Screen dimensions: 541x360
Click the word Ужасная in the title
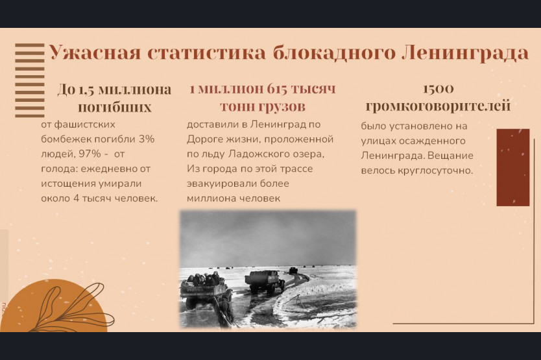click(95, 53)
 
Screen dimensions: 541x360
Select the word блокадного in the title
click(334, 53)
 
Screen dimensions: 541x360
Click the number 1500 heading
click(438, 89)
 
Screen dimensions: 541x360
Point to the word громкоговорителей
click(438, 106)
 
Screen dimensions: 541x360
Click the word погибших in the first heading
click(115, 107)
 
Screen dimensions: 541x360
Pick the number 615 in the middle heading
click(276, 89)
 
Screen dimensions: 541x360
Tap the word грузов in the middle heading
click(280, 106)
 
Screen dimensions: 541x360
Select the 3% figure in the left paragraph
click(147, 139)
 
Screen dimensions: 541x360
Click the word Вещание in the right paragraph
click(450, 156)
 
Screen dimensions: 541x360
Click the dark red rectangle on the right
click(512, 167)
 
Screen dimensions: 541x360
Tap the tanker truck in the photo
click(265, 282)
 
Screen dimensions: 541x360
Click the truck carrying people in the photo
click(204, 289)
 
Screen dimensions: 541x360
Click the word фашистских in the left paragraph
click(78, 125)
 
